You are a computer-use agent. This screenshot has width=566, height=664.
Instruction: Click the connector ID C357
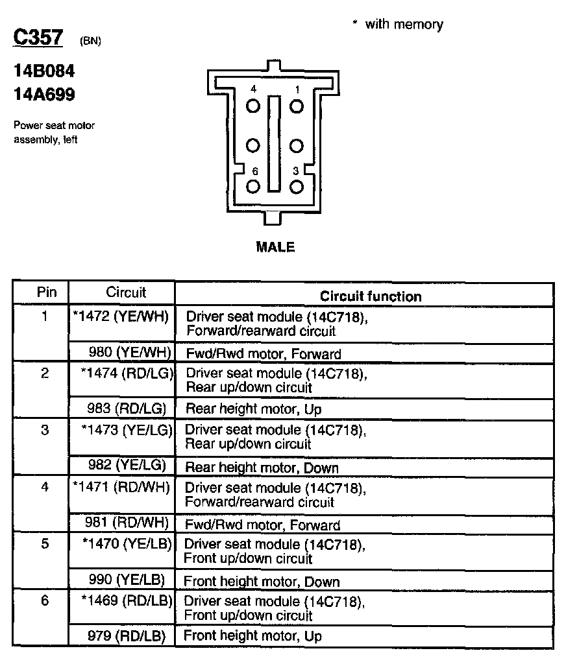coord(38,38)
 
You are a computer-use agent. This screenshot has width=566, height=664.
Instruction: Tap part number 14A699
coord(44,95)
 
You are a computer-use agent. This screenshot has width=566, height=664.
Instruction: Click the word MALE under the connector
coord(275,247)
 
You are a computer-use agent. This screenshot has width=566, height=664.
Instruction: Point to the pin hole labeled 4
coord(253,106)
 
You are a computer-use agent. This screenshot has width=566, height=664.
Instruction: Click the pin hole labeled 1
coord(297,106)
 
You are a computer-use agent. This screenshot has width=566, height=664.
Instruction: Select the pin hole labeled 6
coord(253,187)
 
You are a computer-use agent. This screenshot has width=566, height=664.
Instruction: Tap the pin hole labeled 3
coord(297,187)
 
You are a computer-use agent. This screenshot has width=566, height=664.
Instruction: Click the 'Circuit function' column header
coord(371,296)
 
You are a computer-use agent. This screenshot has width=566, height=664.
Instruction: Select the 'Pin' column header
coord(46,292)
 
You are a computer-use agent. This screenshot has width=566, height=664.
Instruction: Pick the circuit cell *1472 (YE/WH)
coord(121,317)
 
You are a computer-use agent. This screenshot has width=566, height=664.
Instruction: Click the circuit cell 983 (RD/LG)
coord(127,409)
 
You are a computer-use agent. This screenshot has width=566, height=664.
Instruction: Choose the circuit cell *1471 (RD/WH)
coord(121,486)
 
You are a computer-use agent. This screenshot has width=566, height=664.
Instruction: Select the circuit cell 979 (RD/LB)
coord(127,635)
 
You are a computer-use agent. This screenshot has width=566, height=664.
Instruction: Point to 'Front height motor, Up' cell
coord(252,636)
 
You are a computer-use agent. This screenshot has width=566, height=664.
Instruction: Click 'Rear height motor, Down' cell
coord(262,467)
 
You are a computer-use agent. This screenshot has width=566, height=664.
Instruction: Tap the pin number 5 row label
coord(45,544)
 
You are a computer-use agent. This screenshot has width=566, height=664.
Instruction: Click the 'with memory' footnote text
coord(403,25)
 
